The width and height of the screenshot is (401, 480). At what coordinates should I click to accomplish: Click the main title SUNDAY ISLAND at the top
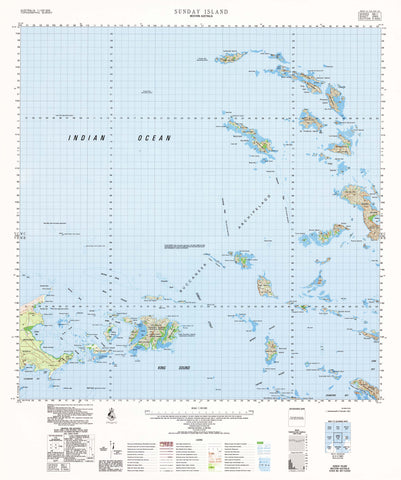200,7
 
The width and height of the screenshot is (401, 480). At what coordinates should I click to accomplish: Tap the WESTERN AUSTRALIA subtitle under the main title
200,15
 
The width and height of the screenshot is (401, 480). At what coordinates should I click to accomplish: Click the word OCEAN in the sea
154,137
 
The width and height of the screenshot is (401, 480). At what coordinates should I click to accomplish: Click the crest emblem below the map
108,414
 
